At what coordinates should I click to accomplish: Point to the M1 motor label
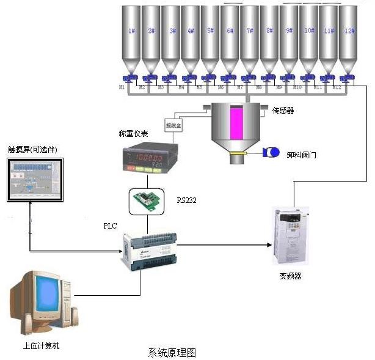pyautogui.click(x=122, y=87)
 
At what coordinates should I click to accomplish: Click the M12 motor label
pyautogui.click(x=337, y=88)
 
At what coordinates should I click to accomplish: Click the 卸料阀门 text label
pyautogui.click(x=301, y=155)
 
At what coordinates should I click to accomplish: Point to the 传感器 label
pyautogui.click(x=283, y=111)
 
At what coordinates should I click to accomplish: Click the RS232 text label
pyautogui.click(x=187, y=200)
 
